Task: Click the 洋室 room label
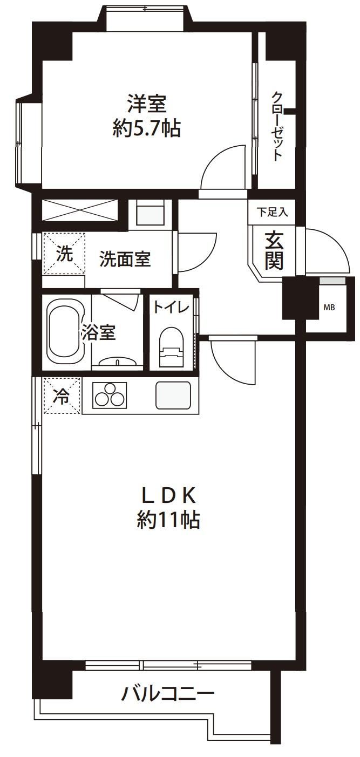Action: point(146,103)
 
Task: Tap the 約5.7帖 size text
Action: point(146,129)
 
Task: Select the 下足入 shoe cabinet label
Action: point(272,212)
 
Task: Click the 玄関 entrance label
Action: point(274,250)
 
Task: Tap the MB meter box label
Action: point(329,308)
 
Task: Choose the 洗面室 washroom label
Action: point(124,260)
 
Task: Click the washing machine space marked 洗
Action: point(64,254)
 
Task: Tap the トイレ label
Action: point(171,308)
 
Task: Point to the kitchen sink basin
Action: point(173,395)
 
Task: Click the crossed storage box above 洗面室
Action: point(79,210)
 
